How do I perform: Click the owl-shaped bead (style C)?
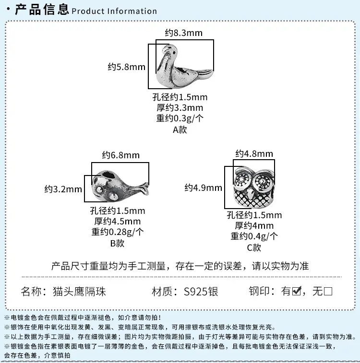coord(253,188)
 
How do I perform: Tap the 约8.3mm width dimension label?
coord(184,33)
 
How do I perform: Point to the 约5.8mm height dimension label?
coord(127,67)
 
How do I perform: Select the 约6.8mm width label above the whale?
coord(120,155)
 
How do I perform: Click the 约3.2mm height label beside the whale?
coord(63,189)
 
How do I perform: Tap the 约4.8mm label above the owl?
coord(254,154)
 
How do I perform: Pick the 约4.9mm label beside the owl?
coord(204,188)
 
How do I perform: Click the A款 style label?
coord(180,129)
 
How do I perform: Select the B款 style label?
coord(118,243)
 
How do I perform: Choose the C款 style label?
coord(254,248)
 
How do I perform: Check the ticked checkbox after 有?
coord(297,291)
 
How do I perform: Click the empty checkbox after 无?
coord(328,291)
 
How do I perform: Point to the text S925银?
coord(201,292)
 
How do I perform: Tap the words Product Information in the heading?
coord(114,11)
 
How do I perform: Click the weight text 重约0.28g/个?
coord(118,232)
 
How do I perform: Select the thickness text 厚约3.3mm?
coord(180,107)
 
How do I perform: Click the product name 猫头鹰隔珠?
coord(80,292)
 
